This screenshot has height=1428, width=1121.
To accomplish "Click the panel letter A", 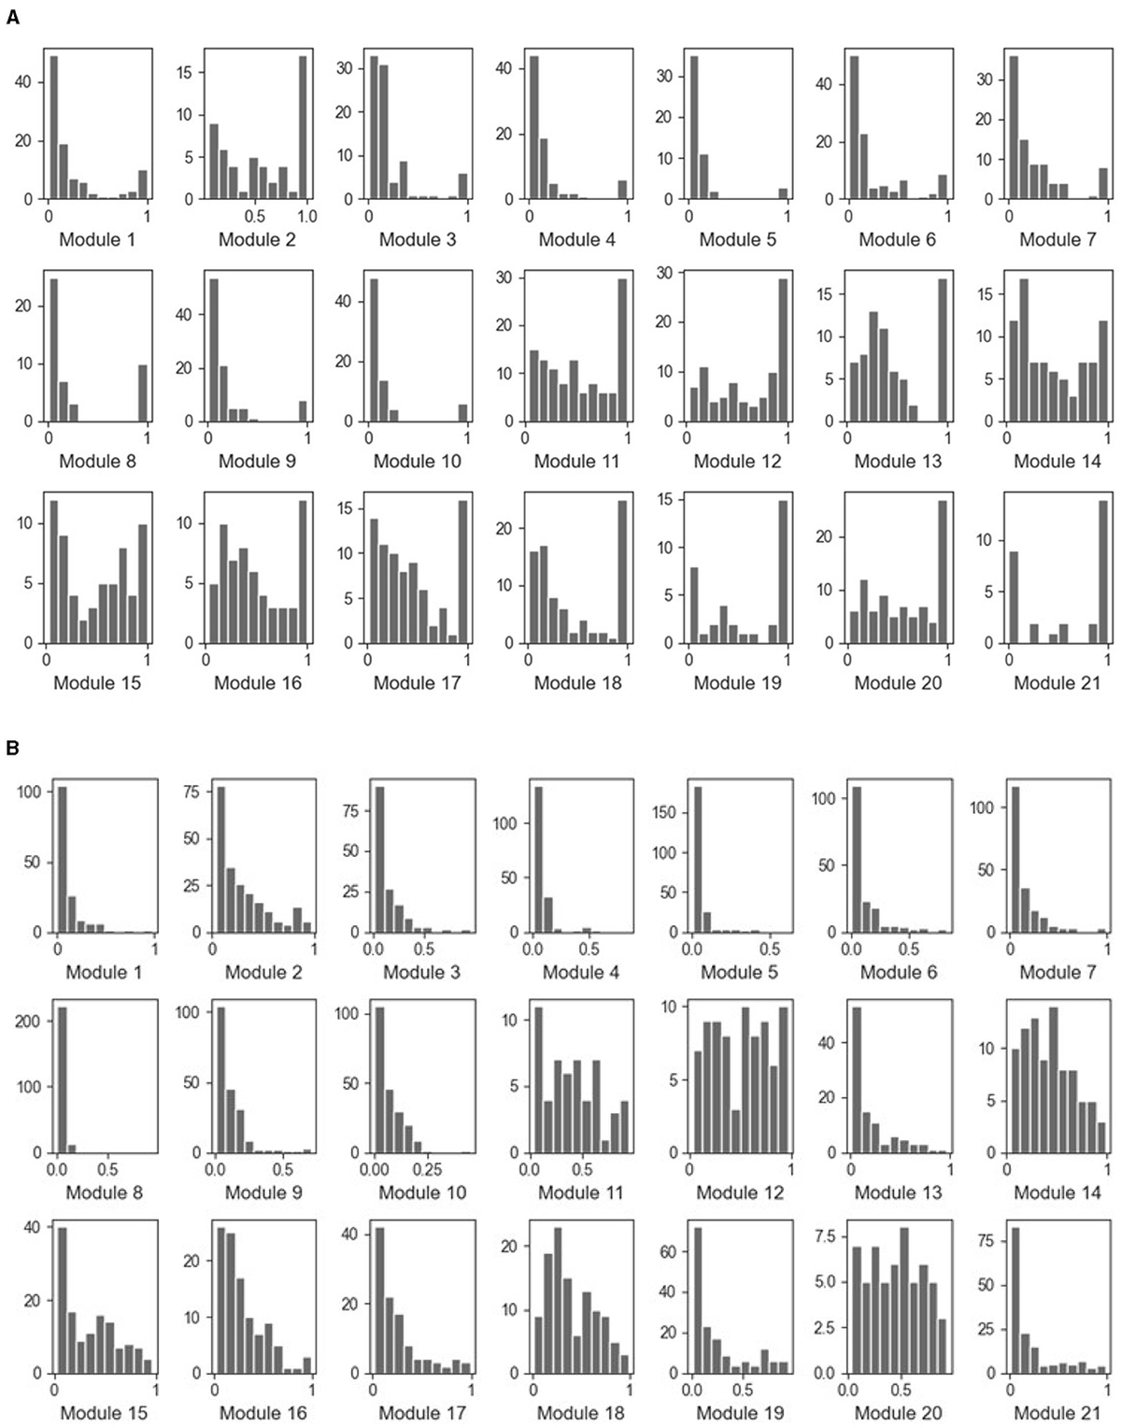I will click(x=12, y=17).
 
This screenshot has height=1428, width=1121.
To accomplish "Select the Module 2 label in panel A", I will click(x=257, y=240).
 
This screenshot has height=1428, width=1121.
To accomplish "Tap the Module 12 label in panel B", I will click(x=740, y=1192).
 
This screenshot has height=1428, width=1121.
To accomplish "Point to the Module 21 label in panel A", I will click(x=1057, y=683).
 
